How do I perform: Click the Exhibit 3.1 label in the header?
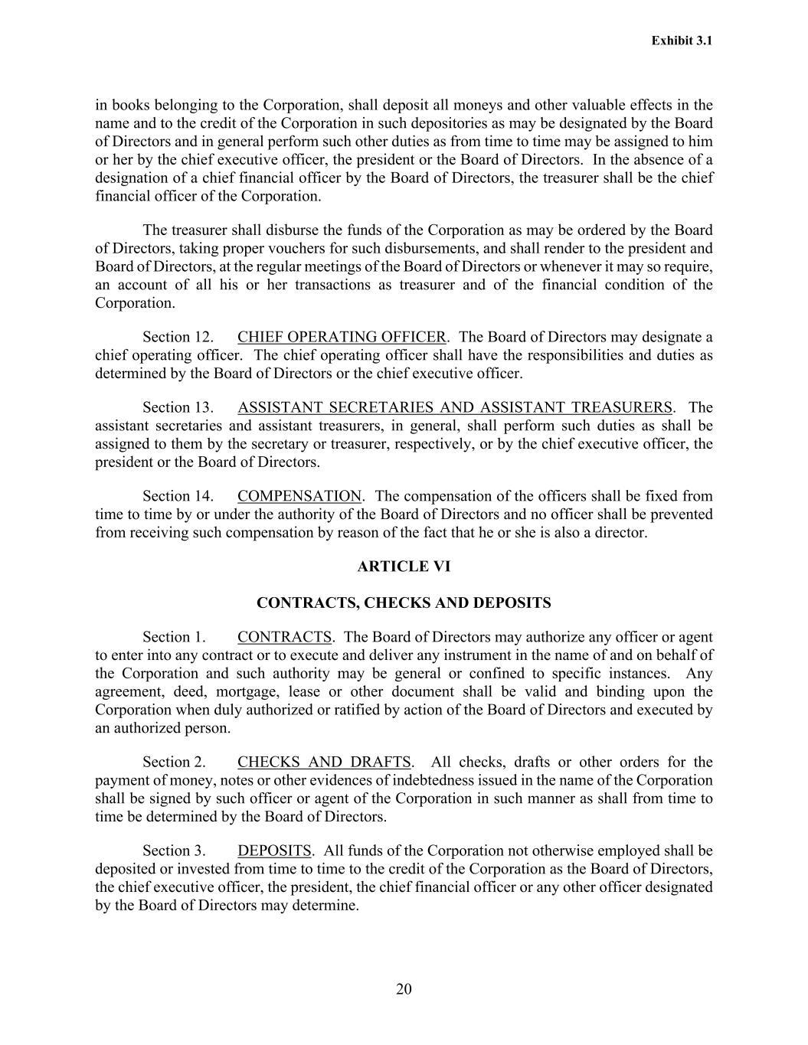tap(682, 41)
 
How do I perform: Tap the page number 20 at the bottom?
tap(404, 989)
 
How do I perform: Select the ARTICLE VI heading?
tap(404, 567)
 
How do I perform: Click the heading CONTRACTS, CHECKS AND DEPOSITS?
tap(404, 603)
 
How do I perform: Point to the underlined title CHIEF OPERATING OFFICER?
tap(342, 338)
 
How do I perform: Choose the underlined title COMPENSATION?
tap(299, 497)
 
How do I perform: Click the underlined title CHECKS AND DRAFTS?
tap(324, 763)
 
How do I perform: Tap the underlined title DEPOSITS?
tap(274, 851)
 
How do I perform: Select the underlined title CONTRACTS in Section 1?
tap(284, 638)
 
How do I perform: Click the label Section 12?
tap(178, 338)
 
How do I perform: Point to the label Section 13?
tap(178, 408)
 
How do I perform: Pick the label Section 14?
tap(178, 497)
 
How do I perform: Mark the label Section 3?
tap(174, 851)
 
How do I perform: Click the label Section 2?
tap(174, 763)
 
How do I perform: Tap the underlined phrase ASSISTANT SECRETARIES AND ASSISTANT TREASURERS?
tap(455, 408)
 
